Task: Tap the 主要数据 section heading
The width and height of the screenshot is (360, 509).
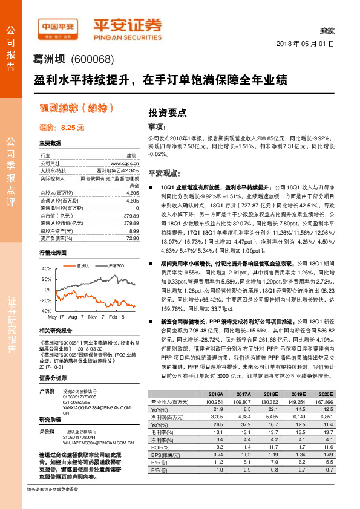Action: click(50, 143)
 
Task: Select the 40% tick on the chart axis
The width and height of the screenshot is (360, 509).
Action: click(46, 268)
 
